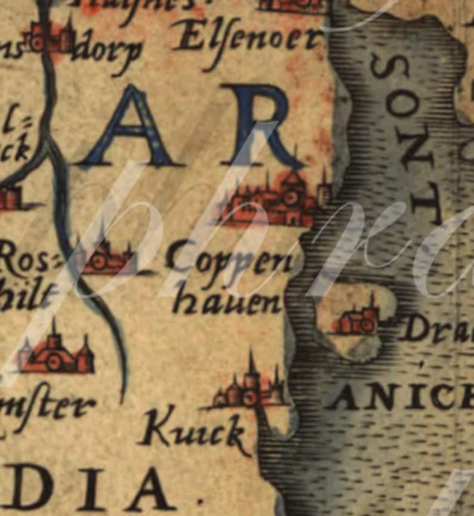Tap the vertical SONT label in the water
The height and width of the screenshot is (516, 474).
pyautogui.click(x=404, y=137)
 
